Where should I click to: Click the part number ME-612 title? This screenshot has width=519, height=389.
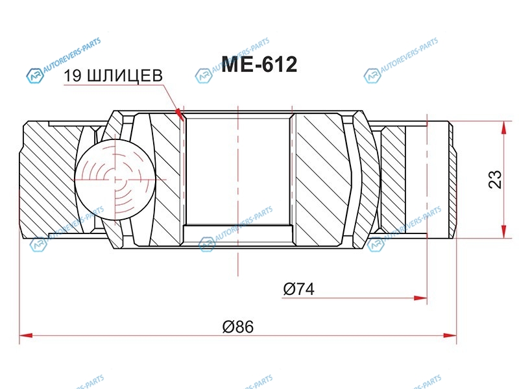click(x=259, y=64)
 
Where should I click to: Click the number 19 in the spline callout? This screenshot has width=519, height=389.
click(x=72, y=76)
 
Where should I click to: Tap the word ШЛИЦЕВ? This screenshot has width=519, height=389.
click(x=125, y=77)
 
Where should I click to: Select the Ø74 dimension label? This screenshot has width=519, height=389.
click(x=299, y=289)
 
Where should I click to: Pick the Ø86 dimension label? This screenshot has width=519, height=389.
click(x=238, y=327)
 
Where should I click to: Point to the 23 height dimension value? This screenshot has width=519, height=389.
click(x=495, y=180)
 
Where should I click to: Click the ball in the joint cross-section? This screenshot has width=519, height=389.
click(x=115, y=180)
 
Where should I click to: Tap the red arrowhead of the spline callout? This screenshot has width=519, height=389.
click(x=180, y=114)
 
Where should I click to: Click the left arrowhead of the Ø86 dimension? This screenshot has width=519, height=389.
click(x=26, y=335)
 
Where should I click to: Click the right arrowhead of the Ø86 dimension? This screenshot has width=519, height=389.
click(x=450, y=335)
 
